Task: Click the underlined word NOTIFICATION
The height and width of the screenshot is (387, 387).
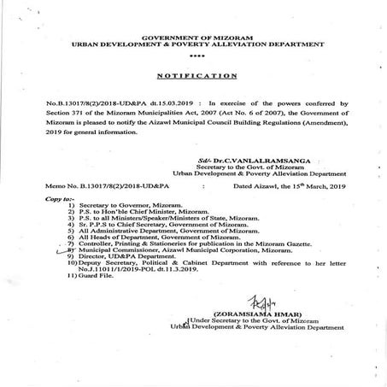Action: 193,75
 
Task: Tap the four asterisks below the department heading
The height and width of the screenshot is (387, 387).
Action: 193,56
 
